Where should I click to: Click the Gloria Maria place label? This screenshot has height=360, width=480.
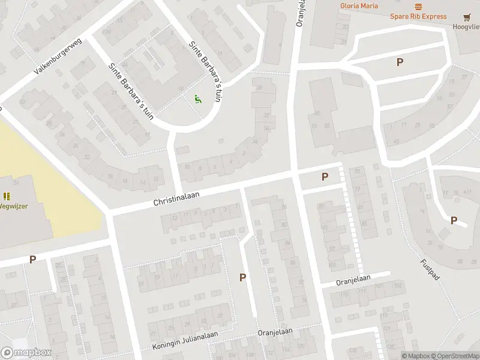359,6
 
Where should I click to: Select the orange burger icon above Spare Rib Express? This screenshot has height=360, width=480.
418,7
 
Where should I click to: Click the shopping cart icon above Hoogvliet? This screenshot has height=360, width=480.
467,17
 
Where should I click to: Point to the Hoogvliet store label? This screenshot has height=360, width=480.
467,27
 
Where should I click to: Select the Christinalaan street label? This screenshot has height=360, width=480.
176,196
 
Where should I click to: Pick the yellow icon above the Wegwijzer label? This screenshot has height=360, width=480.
7,196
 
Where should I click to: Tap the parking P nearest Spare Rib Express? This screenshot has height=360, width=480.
400,62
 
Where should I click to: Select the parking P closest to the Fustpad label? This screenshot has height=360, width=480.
454,220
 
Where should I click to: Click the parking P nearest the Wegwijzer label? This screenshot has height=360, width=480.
32,260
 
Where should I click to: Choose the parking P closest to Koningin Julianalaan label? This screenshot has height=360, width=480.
243,277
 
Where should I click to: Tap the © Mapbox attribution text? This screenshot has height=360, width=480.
415,356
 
